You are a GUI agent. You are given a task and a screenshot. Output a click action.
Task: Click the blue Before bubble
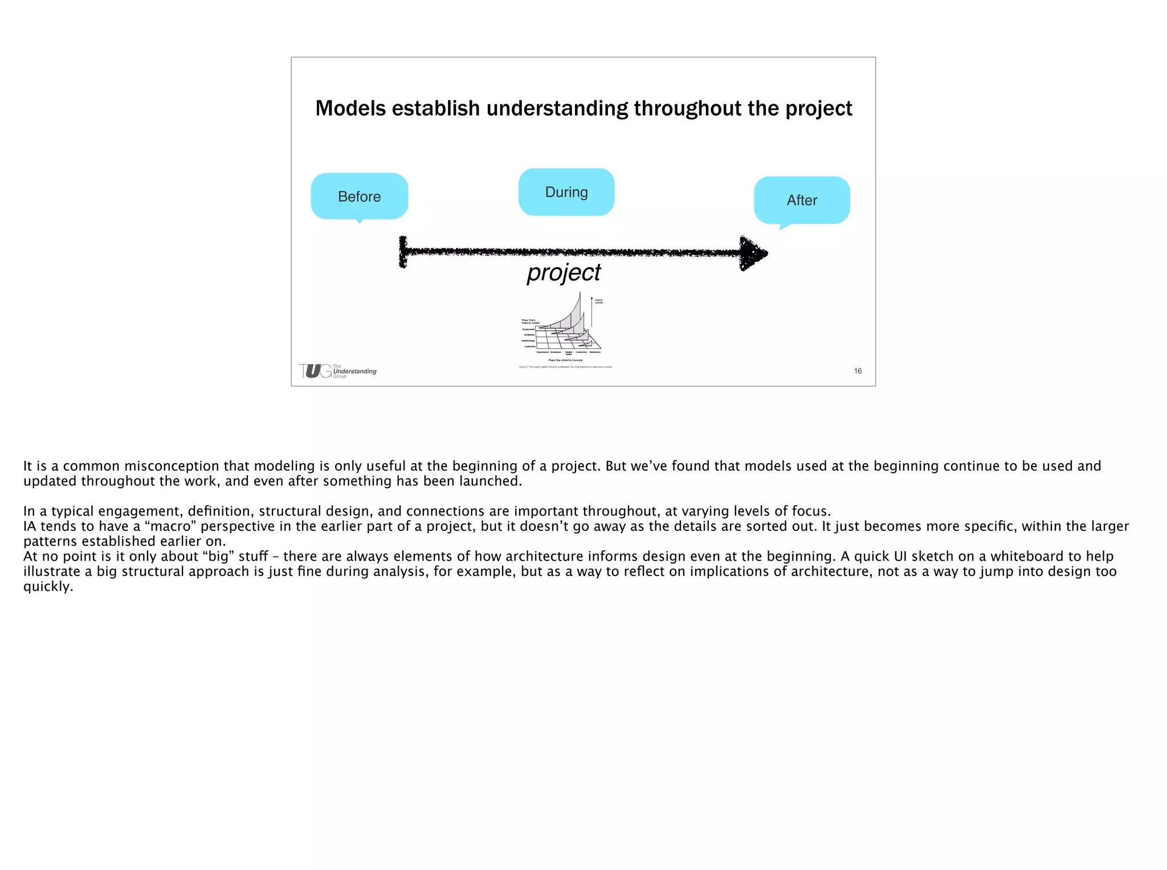point(360,196)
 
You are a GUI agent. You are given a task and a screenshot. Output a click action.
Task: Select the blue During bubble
point(566,192)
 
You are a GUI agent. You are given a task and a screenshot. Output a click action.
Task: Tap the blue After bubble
point(802,200)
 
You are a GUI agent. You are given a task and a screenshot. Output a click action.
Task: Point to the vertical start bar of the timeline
point(403,252)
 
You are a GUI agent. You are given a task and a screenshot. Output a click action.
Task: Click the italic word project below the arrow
point(564,272)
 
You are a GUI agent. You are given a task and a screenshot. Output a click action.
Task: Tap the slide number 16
point(858,371)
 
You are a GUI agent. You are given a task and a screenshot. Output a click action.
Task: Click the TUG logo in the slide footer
point(315,371)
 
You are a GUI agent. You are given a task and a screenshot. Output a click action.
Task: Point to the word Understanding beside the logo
point(355,371)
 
